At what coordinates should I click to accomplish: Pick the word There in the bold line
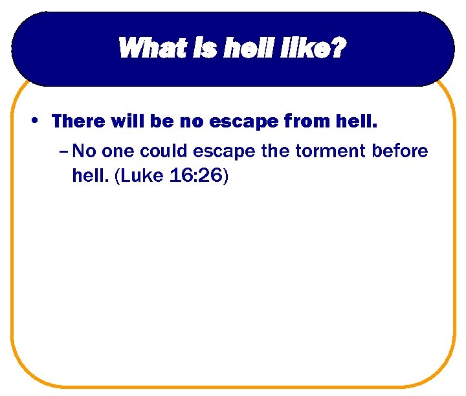[x=75, y=121]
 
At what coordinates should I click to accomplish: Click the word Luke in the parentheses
[x=137, y=176]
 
